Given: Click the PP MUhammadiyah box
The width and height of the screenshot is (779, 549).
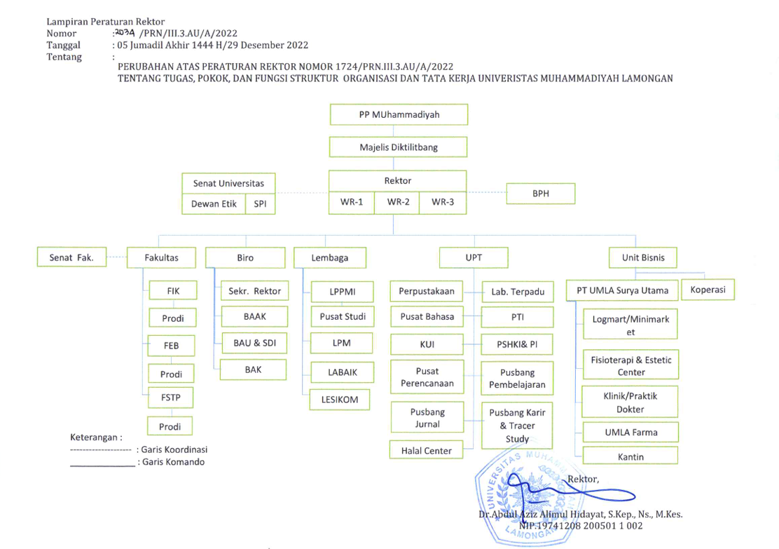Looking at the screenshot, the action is pos(399,114).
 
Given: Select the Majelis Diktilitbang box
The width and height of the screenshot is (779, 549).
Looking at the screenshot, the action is pos(399,147).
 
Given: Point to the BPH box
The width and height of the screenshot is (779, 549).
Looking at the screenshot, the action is pos(541,194).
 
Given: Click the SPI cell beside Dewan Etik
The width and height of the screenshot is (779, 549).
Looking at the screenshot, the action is pos(261,204).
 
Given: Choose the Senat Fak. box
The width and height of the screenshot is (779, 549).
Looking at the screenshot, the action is pos(71,257).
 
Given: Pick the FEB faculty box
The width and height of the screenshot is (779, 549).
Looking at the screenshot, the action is pos(172,346).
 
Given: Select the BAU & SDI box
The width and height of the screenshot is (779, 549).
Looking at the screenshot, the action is pos(254,343).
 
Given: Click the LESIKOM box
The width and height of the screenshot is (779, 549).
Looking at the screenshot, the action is pos(340,400).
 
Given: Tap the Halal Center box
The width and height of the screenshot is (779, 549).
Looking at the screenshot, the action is pos(426,450).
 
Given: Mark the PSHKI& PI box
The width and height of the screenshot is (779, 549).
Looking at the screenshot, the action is pos(517,344).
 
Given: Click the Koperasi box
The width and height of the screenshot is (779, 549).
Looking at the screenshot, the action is pos(708,290).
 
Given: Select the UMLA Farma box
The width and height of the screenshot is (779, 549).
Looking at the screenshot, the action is pos(630,432).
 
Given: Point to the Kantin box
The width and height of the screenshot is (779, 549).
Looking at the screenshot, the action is pos(630,456).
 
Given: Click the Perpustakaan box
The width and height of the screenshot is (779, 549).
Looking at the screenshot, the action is pos(427,292).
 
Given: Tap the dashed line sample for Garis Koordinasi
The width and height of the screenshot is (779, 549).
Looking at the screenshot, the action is pos(101,450).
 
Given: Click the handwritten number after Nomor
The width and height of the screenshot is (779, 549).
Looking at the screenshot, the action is pos(125,33).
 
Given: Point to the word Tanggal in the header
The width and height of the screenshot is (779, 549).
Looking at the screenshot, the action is pos(64,46).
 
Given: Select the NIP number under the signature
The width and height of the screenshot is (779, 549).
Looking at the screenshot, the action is pos(581,526).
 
